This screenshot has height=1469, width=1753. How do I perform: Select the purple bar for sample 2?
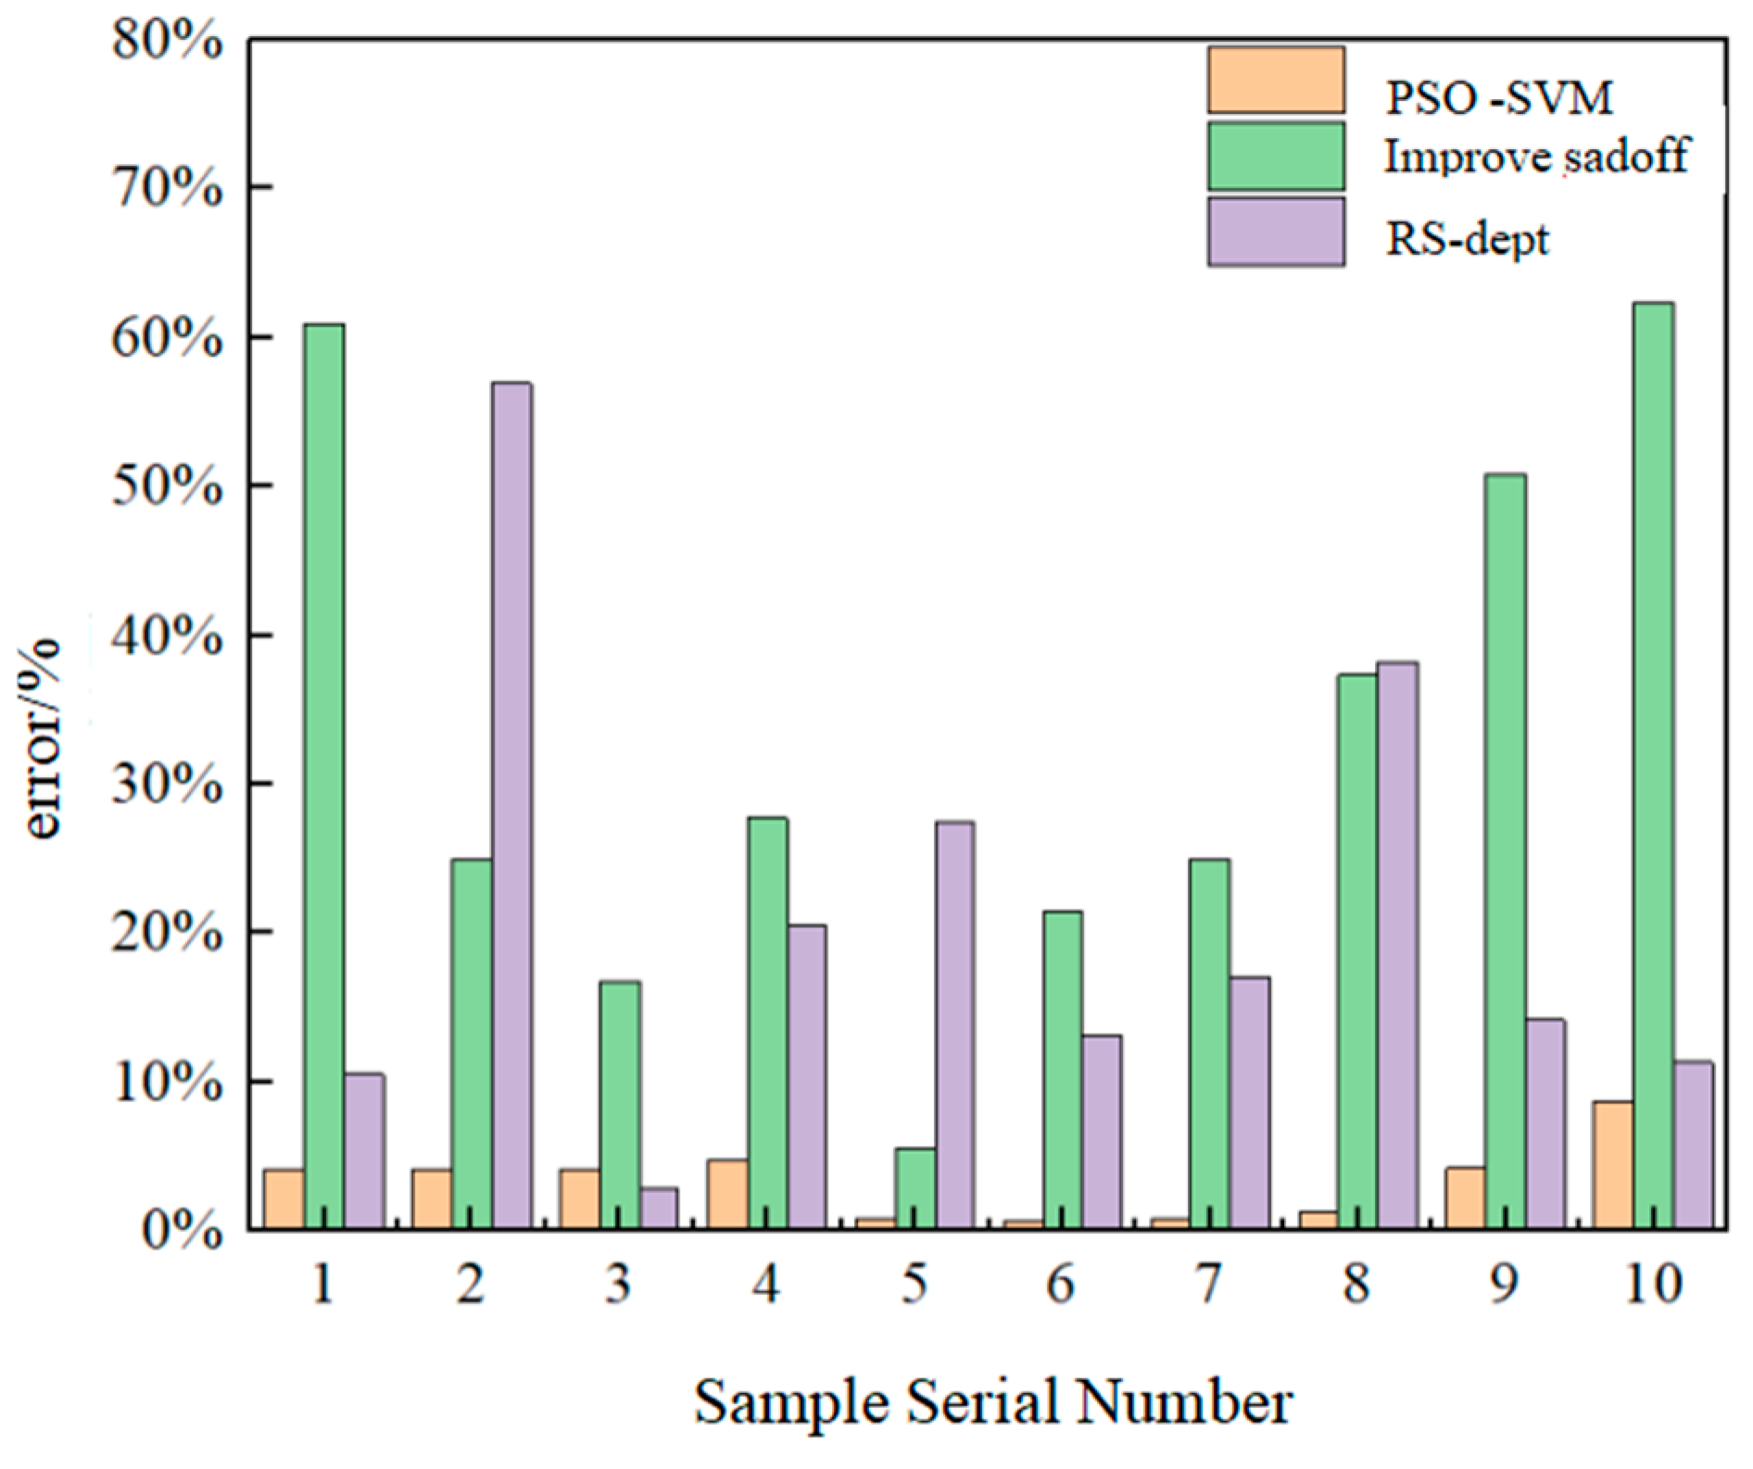[x=511, y=806]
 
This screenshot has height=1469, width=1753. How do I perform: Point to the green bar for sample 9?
[x=1506, y=851]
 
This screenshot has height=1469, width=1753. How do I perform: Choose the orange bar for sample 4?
[x=727, y=1194]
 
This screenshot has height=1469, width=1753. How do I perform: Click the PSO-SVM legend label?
[x=1499, y=98]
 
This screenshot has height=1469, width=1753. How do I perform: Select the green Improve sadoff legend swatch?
[x=1276, y=156]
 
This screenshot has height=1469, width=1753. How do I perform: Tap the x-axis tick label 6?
[x=1062, y=1285]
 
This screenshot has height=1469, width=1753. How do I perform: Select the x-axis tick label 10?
[x=1652, y=1285]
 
